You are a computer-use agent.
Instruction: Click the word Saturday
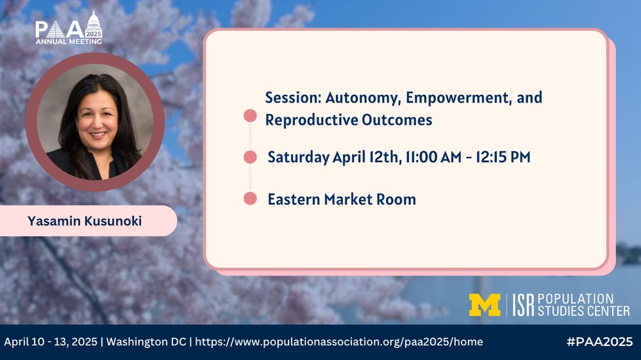click(x=299, y=158)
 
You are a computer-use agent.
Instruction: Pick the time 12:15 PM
click(x=503, y=157)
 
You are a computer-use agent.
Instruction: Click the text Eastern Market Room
click(x=342, y=199)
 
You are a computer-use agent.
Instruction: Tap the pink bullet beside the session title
click(x=250, y=116)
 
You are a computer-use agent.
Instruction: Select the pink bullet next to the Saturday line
click(x=250, y=157)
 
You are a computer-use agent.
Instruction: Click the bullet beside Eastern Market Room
click(x=250, y=199)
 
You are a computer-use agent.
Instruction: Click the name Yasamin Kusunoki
click(x=85, y=221)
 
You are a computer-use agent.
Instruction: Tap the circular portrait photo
click(x=96, y=122)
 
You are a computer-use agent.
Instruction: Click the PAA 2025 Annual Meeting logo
click(x=69, y=28)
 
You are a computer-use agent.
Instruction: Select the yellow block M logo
click(x=485, y=305)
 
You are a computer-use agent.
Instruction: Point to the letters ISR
click(x=523, y=305)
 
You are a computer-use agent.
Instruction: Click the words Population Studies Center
click(x=583, y=305)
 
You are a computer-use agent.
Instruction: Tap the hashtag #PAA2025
click(x=600, y=341)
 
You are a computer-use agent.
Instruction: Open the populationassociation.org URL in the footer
click(x=339, y=342)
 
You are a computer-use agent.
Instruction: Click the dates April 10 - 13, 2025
click(x=51, y=341)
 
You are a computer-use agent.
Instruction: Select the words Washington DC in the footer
click(x=146, y=341)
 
